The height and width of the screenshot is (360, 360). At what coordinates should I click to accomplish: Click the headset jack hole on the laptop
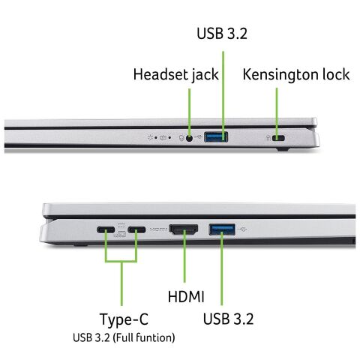click(x=189, y=136)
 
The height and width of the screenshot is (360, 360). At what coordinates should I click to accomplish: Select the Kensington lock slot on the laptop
click(x=281, y=138)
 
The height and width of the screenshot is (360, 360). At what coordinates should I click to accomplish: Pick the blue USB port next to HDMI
click(x=222, y=229)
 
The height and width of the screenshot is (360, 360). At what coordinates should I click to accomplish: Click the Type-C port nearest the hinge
click(x=105, y=229)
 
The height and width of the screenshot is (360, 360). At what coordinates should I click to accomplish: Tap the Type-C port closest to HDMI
click(x=136, y=229)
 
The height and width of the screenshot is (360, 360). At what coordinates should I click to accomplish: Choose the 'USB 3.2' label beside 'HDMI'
click(x=228, y=319)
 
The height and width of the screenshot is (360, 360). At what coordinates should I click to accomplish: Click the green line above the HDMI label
click(x=183, y=262)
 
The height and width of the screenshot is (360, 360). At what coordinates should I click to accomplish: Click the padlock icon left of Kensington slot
click(x=268, y=138)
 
